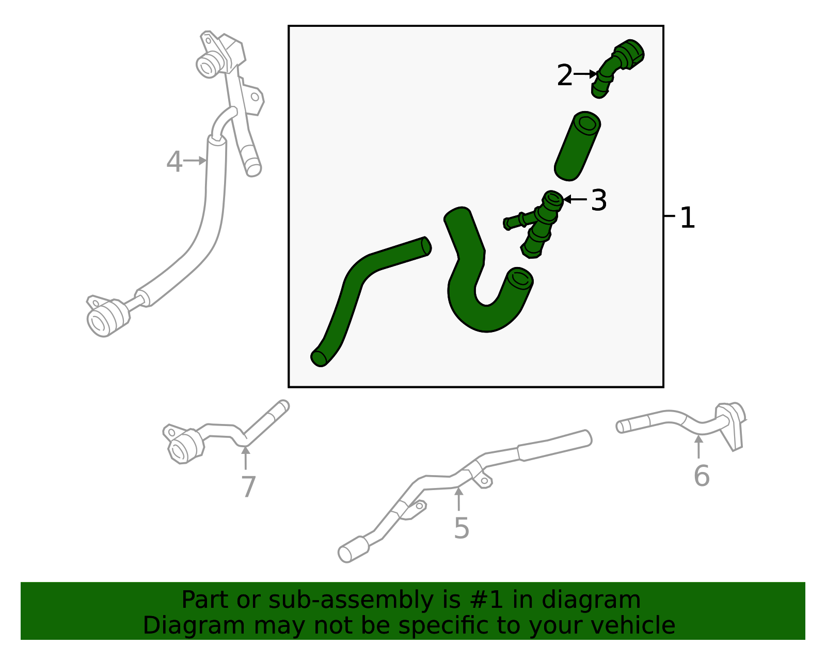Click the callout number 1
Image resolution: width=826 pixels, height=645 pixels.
[687, 218]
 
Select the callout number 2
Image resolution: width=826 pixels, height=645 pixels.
[565, 76]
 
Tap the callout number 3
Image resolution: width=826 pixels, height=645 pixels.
[598, 200]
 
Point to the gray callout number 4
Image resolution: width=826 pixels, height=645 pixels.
[174, 162]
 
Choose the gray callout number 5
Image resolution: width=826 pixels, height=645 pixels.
[461, 528]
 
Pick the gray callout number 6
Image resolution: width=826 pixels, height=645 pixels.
[701, 476]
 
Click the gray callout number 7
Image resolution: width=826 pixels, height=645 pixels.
[248, 487]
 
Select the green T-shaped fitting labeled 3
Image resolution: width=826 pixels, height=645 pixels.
[539, 223]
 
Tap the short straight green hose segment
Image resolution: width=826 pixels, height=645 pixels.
[577, 146]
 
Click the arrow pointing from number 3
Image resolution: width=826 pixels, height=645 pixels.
[574, 199]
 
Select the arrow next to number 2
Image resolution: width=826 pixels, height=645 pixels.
[585, 74]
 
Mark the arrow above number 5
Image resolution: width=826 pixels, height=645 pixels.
[458, 499]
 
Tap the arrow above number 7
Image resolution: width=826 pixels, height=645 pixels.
[246, 458]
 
